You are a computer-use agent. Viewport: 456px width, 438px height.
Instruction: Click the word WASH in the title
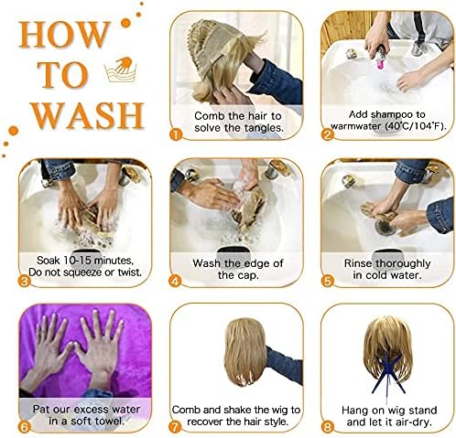coord(88,115)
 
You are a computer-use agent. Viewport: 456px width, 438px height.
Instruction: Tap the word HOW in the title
coord(64,35)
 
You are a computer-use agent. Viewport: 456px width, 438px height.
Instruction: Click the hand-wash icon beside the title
coord(120,69)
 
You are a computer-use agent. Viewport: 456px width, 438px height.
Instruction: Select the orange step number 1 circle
coord(176,134)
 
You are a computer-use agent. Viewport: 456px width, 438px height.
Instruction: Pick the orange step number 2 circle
coord(328,134)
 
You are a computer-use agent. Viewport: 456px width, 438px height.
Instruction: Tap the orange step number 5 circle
coord(327,281)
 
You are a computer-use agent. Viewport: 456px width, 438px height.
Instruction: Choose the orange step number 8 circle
coord(327,427)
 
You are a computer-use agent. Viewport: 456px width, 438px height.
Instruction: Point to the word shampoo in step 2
coord(386,115)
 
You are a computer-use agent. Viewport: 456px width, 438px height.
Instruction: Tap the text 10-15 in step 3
coord(77,261)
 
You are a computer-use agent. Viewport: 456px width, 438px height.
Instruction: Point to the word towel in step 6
coord(108,422)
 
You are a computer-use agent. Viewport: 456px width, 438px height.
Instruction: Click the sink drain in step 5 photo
coord(385,227)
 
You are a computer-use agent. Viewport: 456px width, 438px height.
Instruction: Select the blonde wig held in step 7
coord(246,351)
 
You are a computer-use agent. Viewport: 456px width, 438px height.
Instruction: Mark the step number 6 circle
coord(24,427)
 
